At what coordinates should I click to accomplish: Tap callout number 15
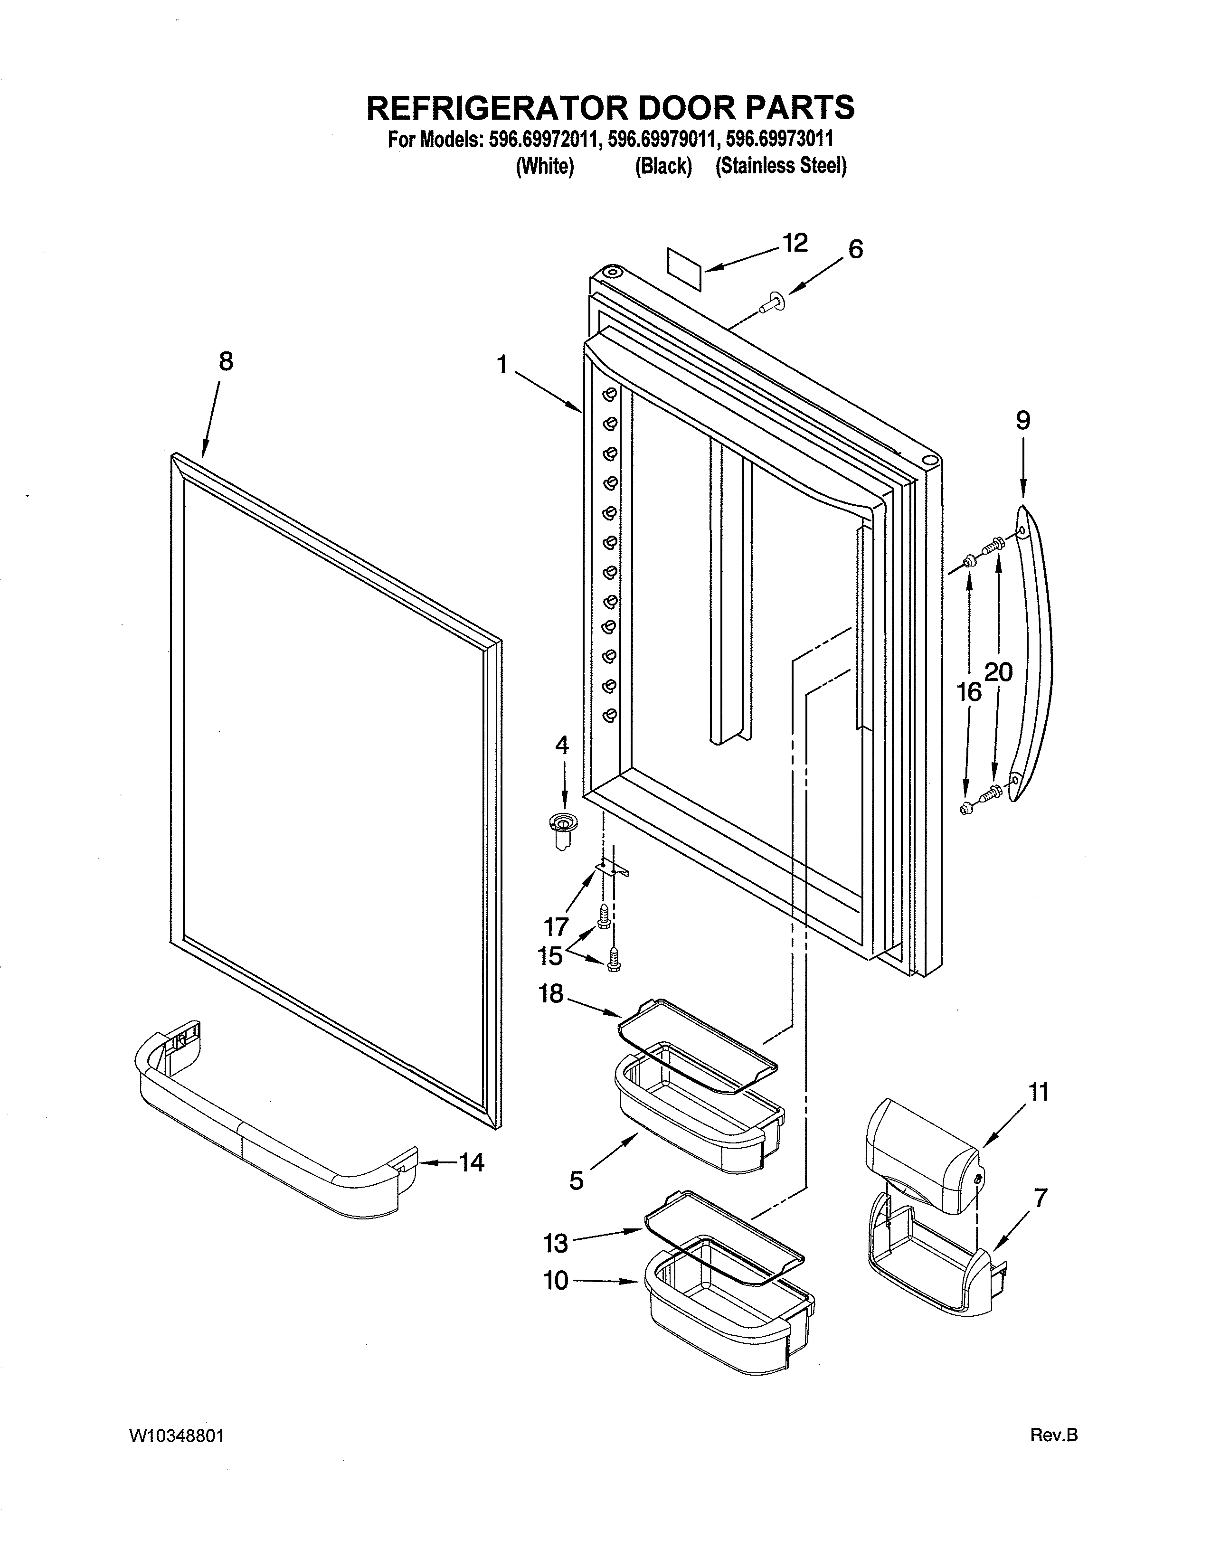click(550, 956)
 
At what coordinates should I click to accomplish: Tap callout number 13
click(555, 1243)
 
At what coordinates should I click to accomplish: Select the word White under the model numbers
click(545, 167)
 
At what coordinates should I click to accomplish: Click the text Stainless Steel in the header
click(781, 167)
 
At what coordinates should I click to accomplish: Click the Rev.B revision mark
click(1054, 1455)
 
